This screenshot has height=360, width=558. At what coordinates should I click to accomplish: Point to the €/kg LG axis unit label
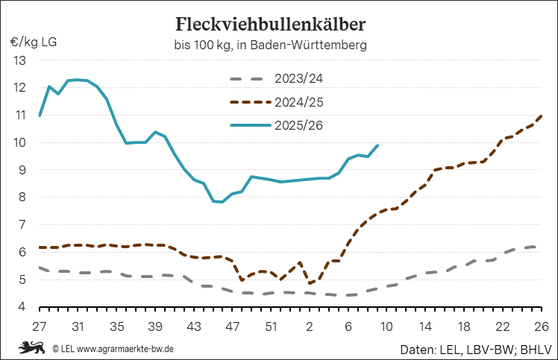34,41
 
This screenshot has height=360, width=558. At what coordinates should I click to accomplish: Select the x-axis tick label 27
40,326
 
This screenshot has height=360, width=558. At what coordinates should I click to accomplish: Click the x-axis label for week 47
232,326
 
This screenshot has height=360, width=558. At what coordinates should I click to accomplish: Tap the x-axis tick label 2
309,326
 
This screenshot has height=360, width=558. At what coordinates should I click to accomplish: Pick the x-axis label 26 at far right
541,326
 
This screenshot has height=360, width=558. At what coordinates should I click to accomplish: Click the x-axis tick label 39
155,326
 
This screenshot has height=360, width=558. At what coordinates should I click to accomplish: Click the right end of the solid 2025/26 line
378,145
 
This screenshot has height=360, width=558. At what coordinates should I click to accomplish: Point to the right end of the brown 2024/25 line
541,116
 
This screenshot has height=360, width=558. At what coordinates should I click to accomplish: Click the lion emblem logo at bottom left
32,347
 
